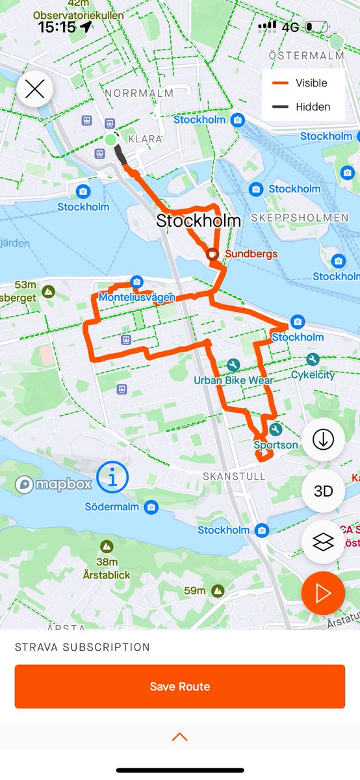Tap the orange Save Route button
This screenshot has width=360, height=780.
pyautogui.click(x=180, y=686)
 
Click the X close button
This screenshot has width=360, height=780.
pyautogui.click(x=34, y=88)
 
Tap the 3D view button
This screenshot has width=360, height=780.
pyautogui.click(x=323, y=491)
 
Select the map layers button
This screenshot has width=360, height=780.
pyautogui.click(x=323, y=542)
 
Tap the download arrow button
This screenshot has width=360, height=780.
pyautogui.click(x=323, y=440)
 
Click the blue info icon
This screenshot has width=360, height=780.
pyautogui.click(x=113, y=479)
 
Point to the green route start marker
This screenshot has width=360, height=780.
pyautogui.click(x=110, y=140)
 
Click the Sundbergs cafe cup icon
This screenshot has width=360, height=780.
pyautogui.click(x=212, y=254)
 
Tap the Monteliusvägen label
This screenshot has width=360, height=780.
pyautogui.click(x=138, y=298)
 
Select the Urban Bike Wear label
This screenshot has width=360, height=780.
pyautogui.click(x=233, y=380)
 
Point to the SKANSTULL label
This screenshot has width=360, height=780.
pyautogui.click(x=225, y=476)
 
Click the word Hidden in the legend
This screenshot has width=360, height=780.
pyautogui.click(x=313, y=107)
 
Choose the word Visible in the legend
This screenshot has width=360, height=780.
pyautogui.click(x=311, y=83)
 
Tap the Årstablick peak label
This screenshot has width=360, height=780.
pyautogui.click(x=107, y=575)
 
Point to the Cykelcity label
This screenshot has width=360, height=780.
pyautogui.click(x=313, y=375)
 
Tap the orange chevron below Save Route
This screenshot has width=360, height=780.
pyautogui.click(x=180, y=736)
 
